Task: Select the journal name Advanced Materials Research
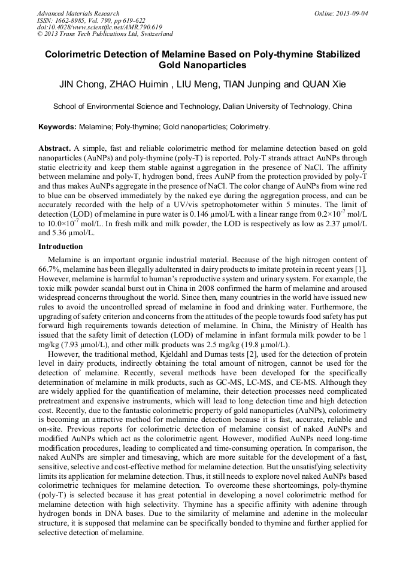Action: [78, 13]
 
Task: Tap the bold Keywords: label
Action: [57, 127]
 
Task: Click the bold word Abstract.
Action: [54, 148]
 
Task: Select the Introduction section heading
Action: [60, 247]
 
